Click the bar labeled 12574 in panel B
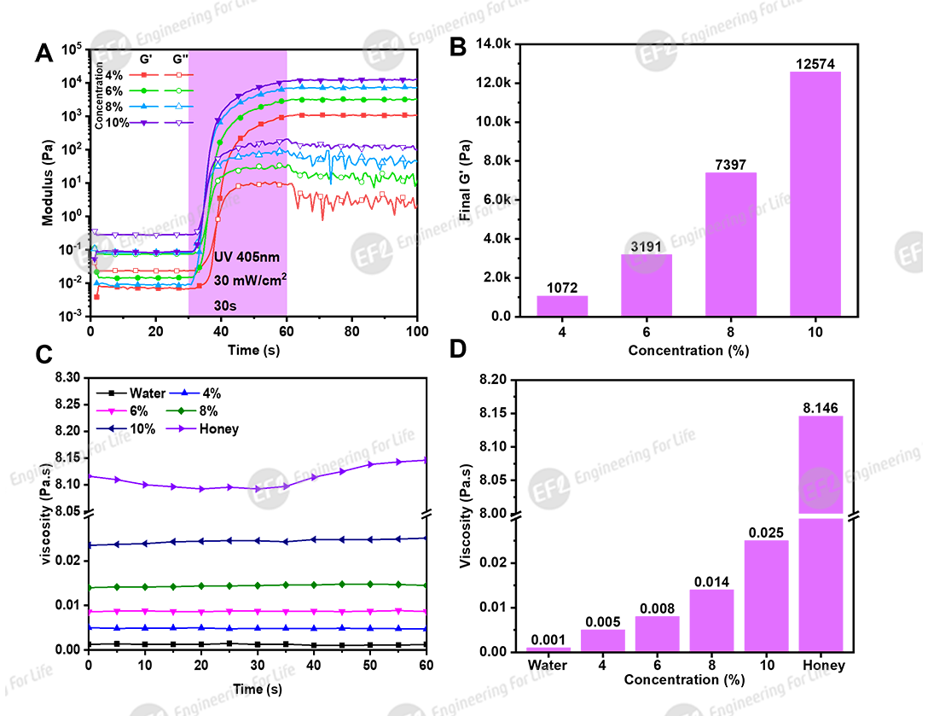pos(815,193)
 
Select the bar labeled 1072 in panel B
pos(563,306)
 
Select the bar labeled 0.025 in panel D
pos(764,596)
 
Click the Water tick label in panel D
pos(547,666)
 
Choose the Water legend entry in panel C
pos(131,393)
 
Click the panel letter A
pos(43,54)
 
